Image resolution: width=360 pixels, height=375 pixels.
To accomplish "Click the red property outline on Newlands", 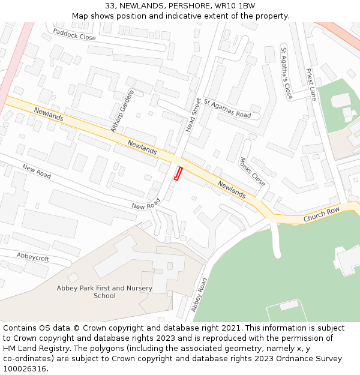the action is click(178, 173).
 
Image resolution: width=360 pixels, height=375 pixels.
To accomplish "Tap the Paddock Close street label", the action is click(74, 34).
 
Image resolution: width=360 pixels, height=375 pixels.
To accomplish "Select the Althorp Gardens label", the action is click(123, 111).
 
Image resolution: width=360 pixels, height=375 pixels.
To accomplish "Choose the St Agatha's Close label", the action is click(286, 73).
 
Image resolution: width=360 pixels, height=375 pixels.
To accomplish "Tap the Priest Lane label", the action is click(311, 85).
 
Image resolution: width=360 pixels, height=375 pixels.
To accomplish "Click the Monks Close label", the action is click(252, 172).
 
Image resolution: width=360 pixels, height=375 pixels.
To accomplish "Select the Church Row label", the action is click(321, 215).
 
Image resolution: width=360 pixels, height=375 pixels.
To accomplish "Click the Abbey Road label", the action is click(199, 294).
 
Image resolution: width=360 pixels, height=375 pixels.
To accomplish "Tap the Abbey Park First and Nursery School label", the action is click(104, 292).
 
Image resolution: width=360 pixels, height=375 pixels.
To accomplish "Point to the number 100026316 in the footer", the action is click(25, 368).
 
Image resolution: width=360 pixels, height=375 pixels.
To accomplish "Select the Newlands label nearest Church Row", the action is click(232, 189).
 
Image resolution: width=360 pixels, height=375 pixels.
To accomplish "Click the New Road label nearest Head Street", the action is click(146, 205).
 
